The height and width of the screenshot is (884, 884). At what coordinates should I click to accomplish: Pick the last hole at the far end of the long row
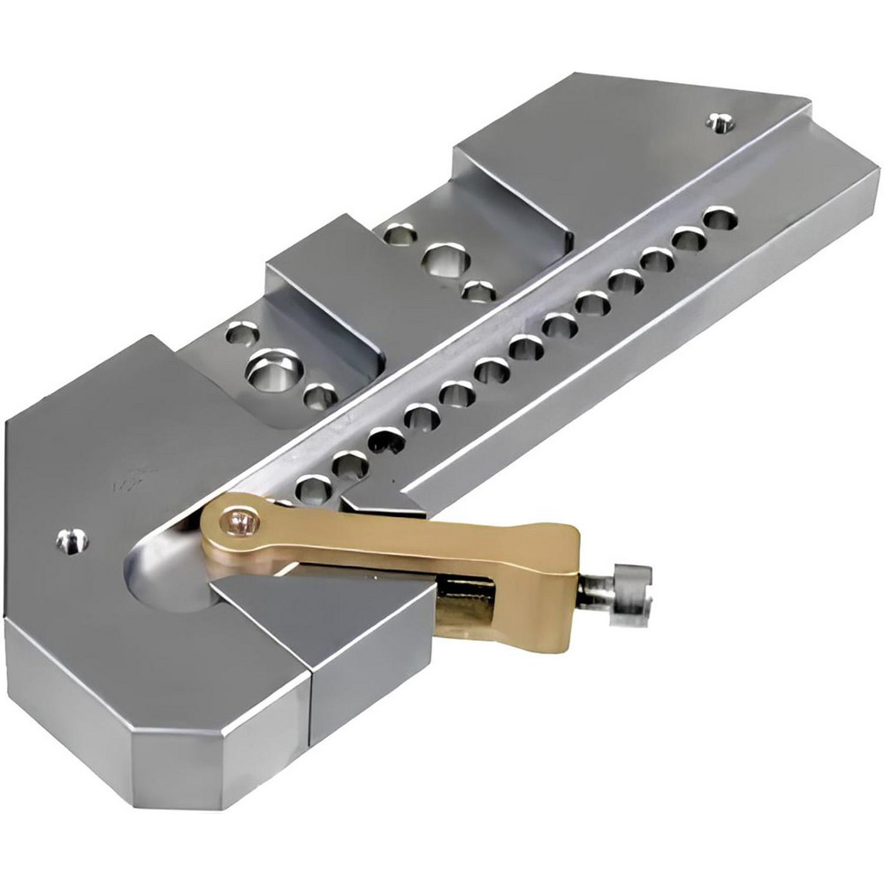[720, 217]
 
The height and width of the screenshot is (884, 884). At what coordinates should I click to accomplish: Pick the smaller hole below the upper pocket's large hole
[478, 289]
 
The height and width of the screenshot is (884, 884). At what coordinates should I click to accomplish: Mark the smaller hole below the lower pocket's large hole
[320, 396]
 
